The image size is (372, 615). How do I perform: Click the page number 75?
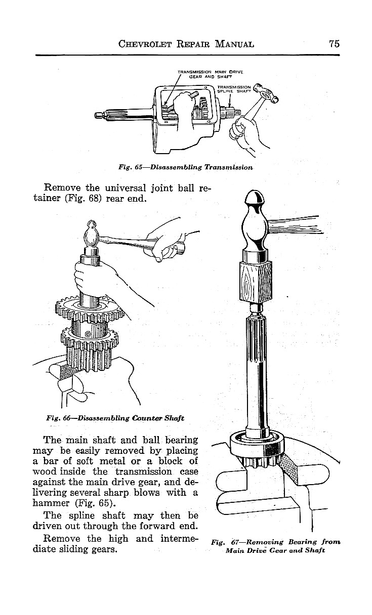[334, 43]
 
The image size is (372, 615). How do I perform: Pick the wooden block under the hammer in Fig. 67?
[255, 281]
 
